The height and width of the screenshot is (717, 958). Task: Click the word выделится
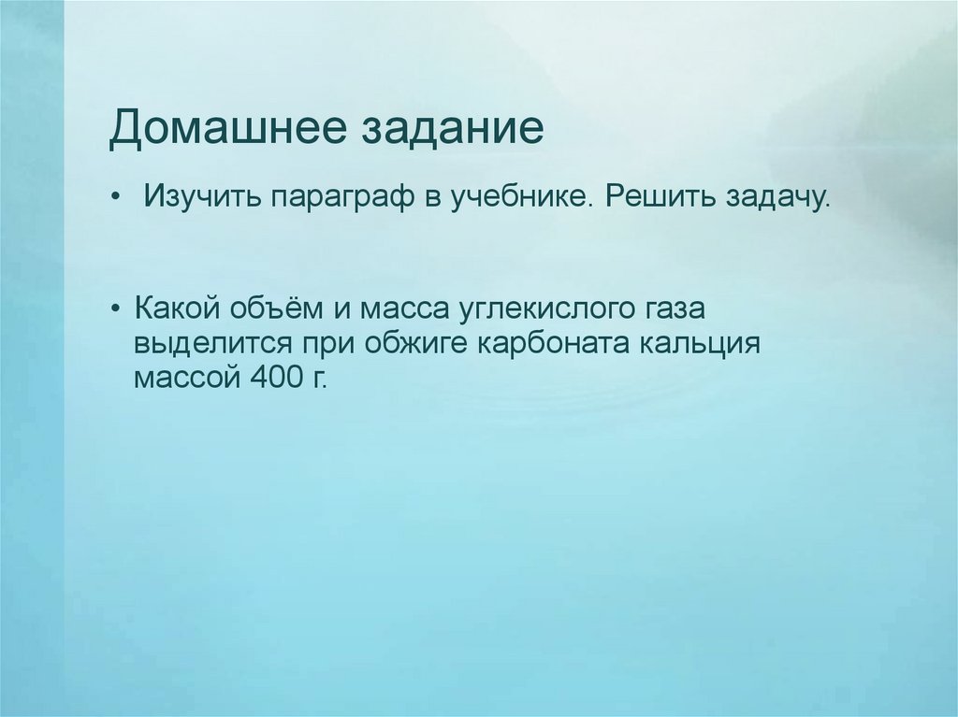tap(208, 343)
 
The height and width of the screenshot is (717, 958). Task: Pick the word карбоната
tap(556, 343)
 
